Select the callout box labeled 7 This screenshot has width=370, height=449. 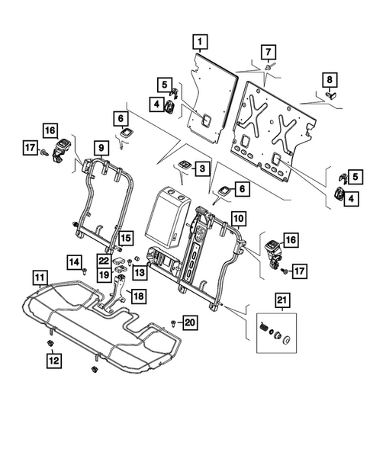[267, 52]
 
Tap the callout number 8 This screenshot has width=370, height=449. [330, 79]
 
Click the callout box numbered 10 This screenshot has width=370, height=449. [238, 218]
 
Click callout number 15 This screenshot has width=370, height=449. [124, 238]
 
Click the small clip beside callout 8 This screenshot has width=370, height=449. [333, 95]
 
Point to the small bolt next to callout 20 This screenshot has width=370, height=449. [175, 322]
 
